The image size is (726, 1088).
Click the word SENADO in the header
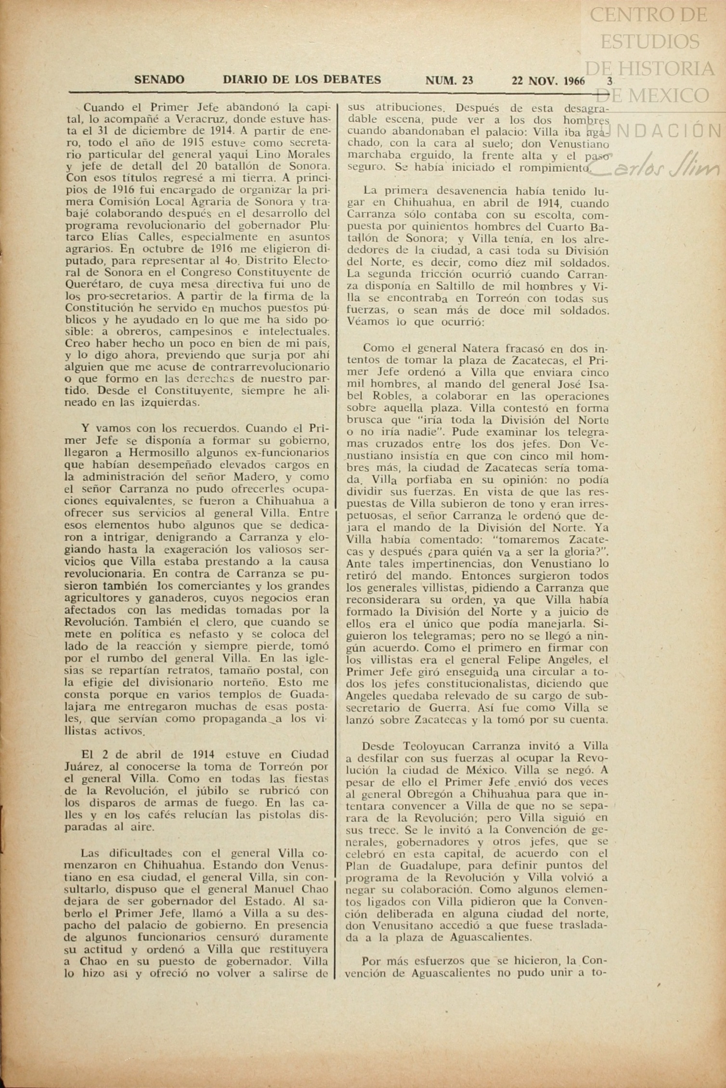(159, 80)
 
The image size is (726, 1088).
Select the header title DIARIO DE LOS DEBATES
(302, 80)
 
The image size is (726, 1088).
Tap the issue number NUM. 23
(449, 81)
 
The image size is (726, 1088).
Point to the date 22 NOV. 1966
(548, 81)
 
